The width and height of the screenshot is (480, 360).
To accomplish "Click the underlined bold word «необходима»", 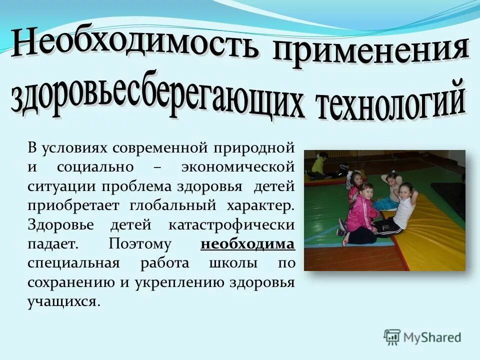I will coord(247,244).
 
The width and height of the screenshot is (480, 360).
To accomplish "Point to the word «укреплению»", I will coord(178,282).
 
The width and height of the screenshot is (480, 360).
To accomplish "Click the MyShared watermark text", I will coord(432,337).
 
